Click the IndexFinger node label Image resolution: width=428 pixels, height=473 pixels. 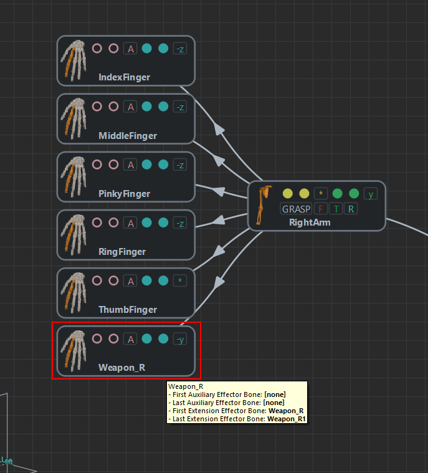[x=124, y=78]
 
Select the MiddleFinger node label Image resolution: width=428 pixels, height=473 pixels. [x=127, y=136]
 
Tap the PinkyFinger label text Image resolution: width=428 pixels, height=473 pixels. [x=124, y=194]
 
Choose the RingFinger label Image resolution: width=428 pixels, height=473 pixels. [x=122, y=252]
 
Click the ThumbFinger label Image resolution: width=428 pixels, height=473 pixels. [x=127, y=310]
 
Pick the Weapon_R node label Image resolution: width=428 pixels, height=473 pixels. [x=121, y=368]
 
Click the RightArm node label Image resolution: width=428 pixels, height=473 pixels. [x=310, y=222]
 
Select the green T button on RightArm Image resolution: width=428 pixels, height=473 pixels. [x=336, y=209]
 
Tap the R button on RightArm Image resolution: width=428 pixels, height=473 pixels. [x=351, y=209]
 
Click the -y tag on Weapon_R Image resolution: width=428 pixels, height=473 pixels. [x=179, y=339]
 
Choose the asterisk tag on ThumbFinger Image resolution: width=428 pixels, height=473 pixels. [x=179, y=281]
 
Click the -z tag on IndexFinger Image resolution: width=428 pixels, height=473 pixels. [x=179, y=49]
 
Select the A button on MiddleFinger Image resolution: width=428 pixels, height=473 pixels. [x=130, y=107]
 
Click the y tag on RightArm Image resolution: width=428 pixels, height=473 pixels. [x=371, y=194]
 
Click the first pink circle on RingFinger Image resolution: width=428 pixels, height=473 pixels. [x=97, y=222]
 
